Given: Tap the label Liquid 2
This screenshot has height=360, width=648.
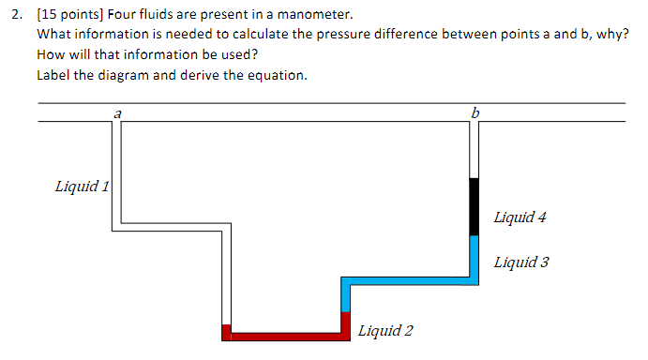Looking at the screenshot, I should coord(385,330).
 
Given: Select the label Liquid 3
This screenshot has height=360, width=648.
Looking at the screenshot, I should coord(521,262).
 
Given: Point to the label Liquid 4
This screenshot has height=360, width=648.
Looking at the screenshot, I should coord(520,217).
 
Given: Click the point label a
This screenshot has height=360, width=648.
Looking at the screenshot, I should coord(117,112).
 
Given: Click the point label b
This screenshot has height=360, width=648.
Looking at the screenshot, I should coord(475,112).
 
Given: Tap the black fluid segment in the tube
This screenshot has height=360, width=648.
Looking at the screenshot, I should coord(475,206).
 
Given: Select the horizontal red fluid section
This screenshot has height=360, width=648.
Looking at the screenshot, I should coord(286,337).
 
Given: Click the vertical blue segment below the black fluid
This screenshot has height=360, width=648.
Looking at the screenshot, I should coord(475,255).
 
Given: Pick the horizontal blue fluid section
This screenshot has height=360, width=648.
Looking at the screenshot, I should coord(408,280).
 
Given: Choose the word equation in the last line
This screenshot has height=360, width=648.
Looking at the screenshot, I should coord(279,75).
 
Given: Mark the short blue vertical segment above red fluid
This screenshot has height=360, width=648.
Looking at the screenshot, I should coord(345,297).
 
